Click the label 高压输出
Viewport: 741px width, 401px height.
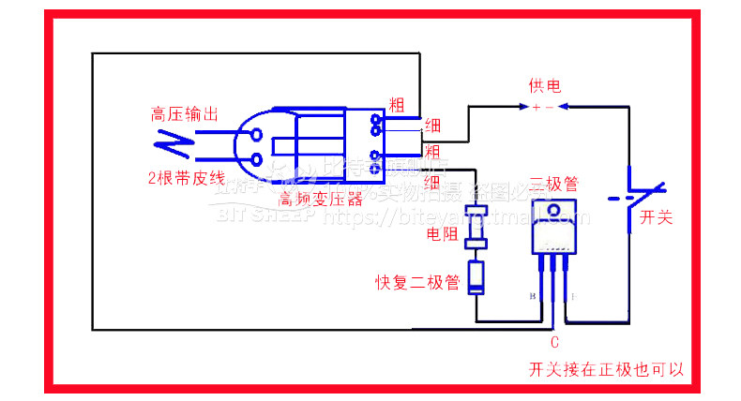185,115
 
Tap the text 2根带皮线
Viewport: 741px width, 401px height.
186,178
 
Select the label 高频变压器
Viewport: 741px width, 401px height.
321,199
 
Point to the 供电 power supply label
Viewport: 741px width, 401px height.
544,87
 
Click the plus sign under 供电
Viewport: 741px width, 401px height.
535,108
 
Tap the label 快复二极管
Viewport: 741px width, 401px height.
417,281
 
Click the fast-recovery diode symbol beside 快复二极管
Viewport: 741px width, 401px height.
476,278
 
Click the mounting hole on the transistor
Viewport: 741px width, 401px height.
553,210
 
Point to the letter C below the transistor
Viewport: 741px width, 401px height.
554,342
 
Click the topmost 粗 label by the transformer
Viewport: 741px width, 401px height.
396,103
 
